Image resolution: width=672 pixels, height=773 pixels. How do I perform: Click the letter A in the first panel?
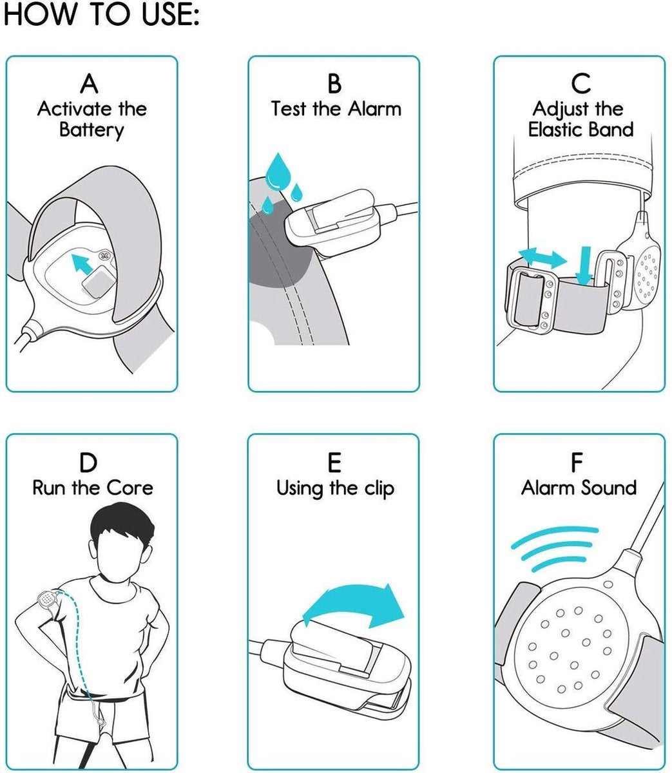(x=90, y=84)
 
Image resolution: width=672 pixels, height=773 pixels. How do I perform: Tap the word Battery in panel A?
(x=91, y=130)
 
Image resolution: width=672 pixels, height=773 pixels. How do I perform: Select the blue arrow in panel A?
(x=82, y=263)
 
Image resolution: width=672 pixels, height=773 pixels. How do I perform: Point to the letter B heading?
(x=334, y=84)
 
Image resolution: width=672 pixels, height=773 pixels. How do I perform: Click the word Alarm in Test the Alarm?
(x=374, y=110)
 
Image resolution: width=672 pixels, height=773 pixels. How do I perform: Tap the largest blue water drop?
(x=278, y=172)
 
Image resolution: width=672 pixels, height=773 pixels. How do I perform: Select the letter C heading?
(x=581, y=84)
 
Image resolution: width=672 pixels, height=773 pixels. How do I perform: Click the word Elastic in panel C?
(x=554, y=129)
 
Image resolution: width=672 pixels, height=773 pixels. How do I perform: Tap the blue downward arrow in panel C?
(x=584, y=265)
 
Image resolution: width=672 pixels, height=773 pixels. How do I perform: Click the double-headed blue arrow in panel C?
(x=542, y=257)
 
